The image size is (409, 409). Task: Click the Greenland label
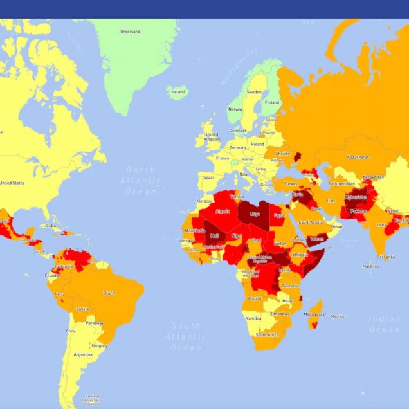131,30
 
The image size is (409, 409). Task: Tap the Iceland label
177,92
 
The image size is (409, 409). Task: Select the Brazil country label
109,293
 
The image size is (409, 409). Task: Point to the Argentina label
82,354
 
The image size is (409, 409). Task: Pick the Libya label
256,213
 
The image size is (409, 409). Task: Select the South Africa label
268,334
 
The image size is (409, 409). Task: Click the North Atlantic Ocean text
140,180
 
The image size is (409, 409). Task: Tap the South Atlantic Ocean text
186,336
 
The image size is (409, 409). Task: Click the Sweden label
254,92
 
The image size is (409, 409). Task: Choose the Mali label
214,236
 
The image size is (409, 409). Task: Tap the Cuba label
51,226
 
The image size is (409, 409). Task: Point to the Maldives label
370,266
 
